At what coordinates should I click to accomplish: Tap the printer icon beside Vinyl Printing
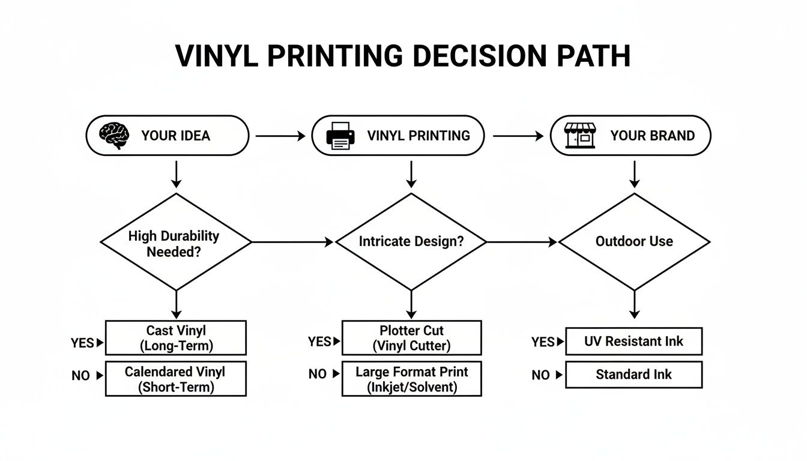[340, 136]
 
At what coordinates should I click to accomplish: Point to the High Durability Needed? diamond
[175, 243]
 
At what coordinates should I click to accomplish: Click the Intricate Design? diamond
[411, 242]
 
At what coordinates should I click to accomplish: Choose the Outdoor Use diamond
[634, 242]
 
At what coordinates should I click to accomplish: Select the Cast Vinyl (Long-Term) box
[175, 338]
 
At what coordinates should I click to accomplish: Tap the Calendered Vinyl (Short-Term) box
[175, 379]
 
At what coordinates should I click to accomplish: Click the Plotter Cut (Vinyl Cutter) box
[411, 338]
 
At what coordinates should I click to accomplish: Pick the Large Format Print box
[411, 379]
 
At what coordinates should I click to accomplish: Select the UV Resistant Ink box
[633, 342]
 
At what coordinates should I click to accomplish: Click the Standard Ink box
[633, 375]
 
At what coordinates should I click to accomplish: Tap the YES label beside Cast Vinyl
[82, 343]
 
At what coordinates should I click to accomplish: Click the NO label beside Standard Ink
[540, 375]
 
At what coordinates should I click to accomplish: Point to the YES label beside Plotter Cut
[319, 342]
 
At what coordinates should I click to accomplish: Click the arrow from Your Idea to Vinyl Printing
[280, 136]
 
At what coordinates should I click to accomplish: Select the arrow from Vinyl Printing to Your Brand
[518, 136]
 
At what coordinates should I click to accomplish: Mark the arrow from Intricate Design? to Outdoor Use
[521, 243]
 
